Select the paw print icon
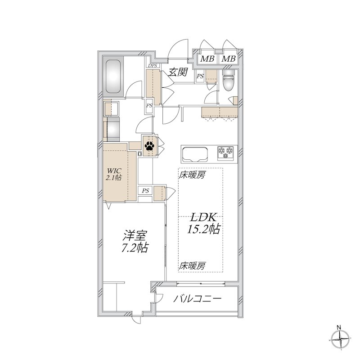click(149, 145)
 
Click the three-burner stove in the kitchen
click(226, 153)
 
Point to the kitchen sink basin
click(195, 153)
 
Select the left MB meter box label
click(207, 59)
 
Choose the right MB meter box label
click(229, 59)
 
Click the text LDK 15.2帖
click(203, 223)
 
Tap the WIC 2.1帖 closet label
click(114, 174)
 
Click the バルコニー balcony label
click(197, 298)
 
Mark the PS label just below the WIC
click(145, 191)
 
